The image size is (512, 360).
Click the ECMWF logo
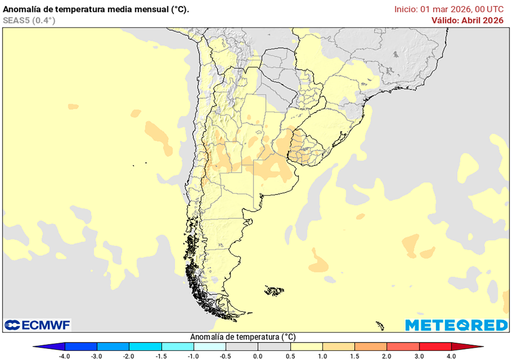click(x=37, y=325)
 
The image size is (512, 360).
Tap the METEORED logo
click(x=456, y=325)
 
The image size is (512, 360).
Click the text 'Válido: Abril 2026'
click(x=467, y=20)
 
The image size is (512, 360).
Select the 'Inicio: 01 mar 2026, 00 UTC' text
click(x=448, y=9)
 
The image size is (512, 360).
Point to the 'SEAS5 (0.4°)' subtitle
click(x=29, y=20)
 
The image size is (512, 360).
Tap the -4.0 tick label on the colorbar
click(x=64, y=355)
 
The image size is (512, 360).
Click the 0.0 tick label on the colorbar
click(x=258, y=355)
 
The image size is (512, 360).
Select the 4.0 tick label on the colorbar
click(x=451, y=355)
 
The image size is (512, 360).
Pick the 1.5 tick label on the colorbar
click(x=354, y=355)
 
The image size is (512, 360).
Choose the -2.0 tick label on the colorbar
click(x=129, y=355)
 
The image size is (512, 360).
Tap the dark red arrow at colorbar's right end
click(x=467, y=346)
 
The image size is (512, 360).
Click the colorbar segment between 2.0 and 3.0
click(x=403, y=346)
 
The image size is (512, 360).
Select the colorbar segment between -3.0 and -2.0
click(x=113, y=346)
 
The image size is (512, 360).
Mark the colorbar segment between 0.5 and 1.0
click(x=306, y=346)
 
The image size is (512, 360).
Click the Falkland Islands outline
click(x=274, y=290)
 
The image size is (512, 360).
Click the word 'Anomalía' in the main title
click(x=22, y=9)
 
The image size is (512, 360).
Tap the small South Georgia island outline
click(x=379, y=326)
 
